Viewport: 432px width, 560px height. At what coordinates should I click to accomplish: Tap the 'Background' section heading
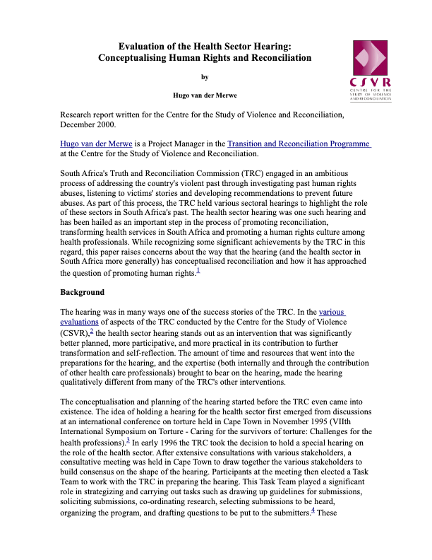(x=83, y=292)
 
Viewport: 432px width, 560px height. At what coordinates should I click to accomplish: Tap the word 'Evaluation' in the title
(x=146, y=46)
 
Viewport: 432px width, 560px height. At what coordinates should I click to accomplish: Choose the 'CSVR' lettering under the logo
(x=370, y=83)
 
